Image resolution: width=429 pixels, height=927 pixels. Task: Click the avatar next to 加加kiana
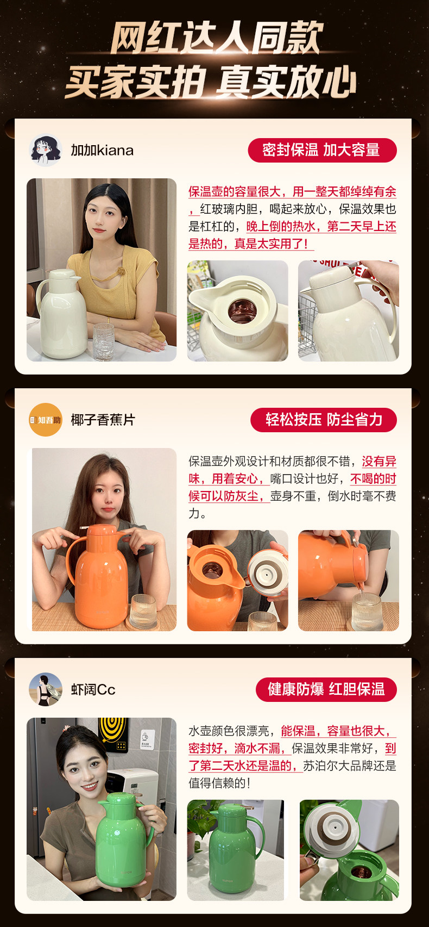click(46, 150)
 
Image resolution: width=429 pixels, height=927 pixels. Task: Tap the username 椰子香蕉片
click(103, 420)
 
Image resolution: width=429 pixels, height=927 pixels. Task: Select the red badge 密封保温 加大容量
click(322, 150)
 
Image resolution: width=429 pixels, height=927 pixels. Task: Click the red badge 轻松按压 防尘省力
click(324, 420)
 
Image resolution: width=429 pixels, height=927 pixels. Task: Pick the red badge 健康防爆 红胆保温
click(326, 689)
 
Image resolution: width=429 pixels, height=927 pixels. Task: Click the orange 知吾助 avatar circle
click(46, 420)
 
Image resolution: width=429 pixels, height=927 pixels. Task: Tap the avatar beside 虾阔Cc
click(46, 689)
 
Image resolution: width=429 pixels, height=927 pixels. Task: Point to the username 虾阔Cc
click(93, 689)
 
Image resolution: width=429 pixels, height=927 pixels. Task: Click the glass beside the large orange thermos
click(143, 612)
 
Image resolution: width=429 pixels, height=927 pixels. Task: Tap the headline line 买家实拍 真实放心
click(211, 82)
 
